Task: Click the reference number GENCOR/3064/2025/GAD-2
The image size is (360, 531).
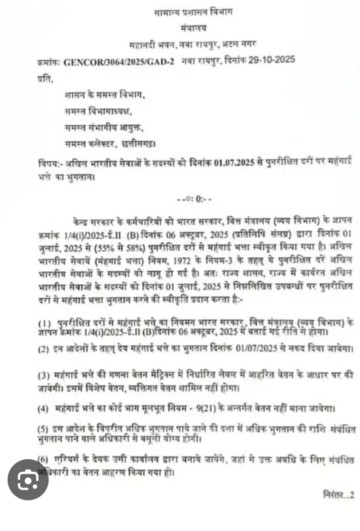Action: coord(118,62)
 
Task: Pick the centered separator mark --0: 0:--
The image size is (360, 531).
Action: coord(194,199)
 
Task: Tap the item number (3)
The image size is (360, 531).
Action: coord(44,375)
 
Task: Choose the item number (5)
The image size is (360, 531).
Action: coord(43,429)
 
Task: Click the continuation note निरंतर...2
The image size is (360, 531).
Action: coord(339,495)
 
